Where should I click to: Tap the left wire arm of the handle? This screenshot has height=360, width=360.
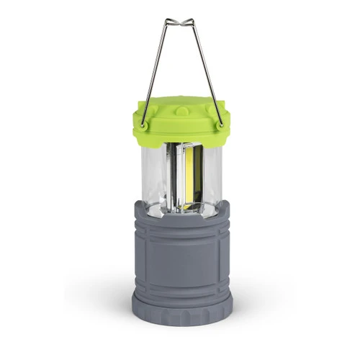[155, 72]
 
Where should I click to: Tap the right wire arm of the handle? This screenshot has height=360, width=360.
[206, 72]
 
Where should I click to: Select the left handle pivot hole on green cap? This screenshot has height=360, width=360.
[144, 125]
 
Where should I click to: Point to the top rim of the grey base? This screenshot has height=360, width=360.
[181, 209]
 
